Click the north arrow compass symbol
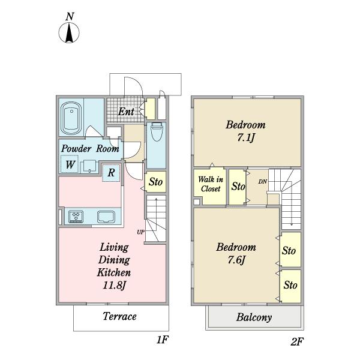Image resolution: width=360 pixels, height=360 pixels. click(x=69, y=32)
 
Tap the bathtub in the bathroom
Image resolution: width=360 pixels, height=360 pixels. click(x=71, y=118)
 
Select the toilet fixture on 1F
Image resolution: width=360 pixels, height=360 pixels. click(x=157, y=132)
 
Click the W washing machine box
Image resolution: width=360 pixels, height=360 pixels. click(x=70, y=164)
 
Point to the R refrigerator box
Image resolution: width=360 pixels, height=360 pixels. click(x=111, y=173)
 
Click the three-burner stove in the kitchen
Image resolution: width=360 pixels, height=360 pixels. click(x=76, y=217)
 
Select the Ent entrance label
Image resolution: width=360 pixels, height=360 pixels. click(x=126, y=112)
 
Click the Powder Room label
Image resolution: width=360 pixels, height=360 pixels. click(x=90, y=149)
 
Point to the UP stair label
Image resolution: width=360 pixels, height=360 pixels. click(x=140, y=232)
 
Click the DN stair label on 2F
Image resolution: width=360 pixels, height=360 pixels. click(x=263, y=182)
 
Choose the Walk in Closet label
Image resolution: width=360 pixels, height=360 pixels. click(x=211, y=184)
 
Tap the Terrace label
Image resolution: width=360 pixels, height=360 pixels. click(x=119, y=316)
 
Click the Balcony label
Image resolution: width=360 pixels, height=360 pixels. click(x=254, y=317)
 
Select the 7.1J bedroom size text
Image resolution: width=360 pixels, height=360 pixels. click(x=246, y=137)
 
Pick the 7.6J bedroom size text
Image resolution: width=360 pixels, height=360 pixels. click(x=237, y=260)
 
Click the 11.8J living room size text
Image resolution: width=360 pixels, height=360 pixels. click(x=115, y=285)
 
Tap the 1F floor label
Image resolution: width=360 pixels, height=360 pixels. click(x=163, y=340)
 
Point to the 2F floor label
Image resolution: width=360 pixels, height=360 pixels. click(x=297, y=341)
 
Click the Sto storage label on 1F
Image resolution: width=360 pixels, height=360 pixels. click(x=155, y=182)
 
